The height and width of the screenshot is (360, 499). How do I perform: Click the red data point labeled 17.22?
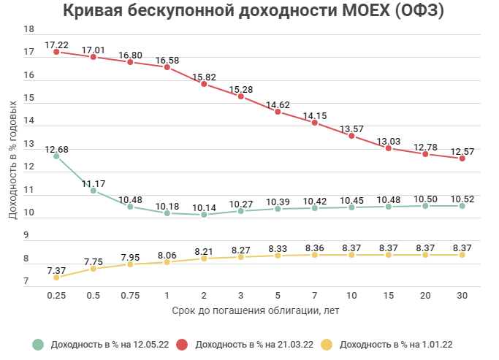tap(56, 53)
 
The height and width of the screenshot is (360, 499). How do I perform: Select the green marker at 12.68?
tap(56, 156)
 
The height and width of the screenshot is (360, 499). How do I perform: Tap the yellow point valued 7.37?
tap(56, 277)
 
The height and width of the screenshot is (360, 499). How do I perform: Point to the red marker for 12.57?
tap(462, 158)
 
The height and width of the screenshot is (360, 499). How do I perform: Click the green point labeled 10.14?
tap(204, 215)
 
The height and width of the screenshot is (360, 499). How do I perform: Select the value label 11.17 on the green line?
tap(94, 183)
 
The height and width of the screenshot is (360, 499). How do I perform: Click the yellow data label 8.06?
tap(167, 254)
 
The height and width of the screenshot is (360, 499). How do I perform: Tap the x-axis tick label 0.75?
tap(130, 295)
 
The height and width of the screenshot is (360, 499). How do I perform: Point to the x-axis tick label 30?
tap(462, 295)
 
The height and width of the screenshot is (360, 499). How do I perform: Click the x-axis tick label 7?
tap(314, 295)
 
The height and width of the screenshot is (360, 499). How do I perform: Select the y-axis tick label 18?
tap(29, 30)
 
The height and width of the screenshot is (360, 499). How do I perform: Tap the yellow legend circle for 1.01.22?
tap(327, 345)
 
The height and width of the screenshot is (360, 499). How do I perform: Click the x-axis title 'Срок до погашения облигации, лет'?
tap(256, 311)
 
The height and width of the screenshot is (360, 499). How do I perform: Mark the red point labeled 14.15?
tap(314, 123)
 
